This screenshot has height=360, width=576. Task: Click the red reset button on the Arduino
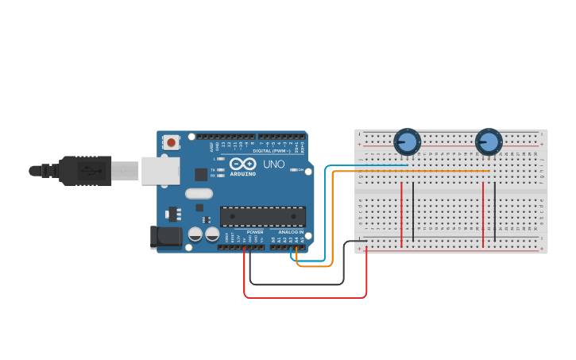coord(171,142)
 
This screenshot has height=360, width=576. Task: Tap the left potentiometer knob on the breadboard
coord(407,142)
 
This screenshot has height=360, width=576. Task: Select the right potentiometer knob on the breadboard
coord(489,142)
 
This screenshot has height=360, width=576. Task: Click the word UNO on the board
coord(273,164)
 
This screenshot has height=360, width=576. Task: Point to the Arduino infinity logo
coord(243,163)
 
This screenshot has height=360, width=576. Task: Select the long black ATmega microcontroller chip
coord(262,216)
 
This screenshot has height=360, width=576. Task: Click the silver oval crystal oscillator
coord(199,193)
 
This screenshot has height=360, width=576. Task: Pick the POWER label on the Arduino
coord(255,232)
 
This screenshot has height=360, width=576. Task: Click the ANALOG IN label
coord(290,232)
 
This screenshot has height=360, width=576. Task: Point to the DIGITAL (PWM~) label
coord(272,150)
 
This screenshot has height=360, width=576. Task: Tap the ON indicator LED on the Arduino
coord(294,169)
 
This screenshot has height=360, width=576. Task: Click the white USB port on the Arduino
coord(160,170)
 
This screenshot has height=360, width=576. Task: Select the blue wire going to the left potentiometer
coord(365,165)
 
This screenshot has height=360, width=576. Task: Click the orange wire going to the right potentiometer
coord(413,171)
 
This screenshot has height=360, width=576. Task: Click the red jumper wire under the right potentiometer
coord(483,215)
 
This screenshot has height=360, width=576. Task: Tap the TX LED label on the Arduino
coord(212,169)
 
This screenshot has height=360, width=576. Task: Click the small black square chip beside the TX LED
coord(201,174)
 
